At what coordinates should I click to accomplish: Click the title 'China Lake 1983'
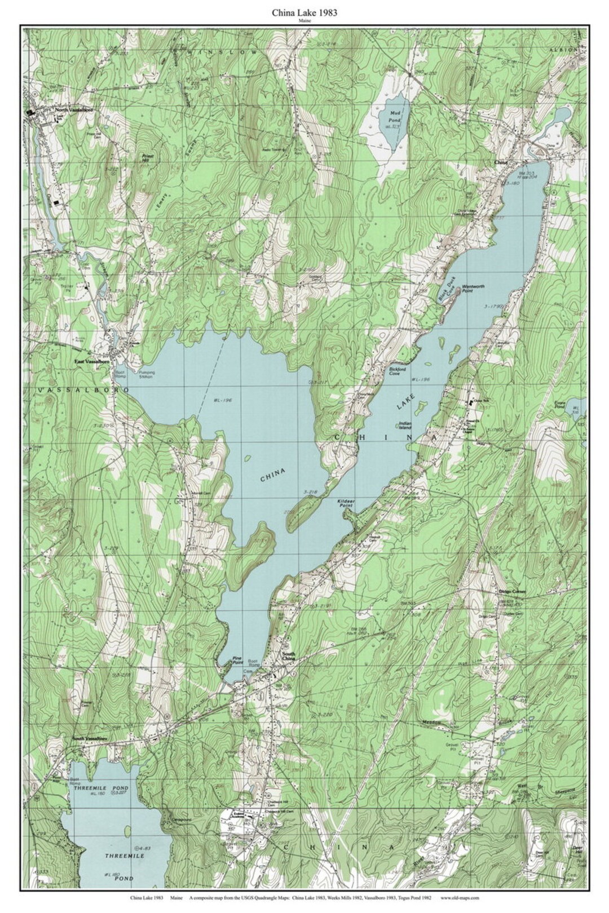point(304,12)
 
